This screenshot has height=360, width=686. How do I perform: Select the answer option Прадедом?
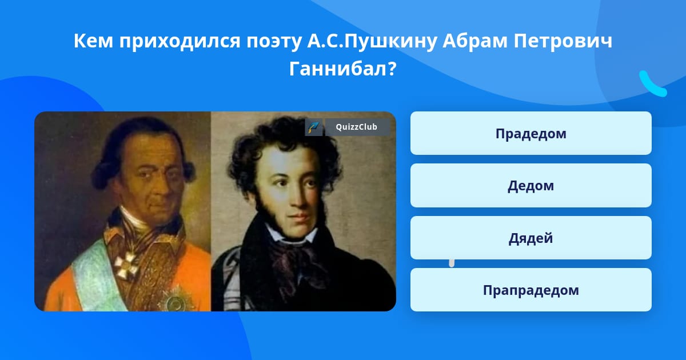tap(531, 133)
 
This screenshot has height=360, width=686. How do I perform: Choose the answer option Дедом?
tap(531, 186)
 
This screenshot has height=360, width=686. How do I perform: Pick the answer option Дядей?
tap(531, 238)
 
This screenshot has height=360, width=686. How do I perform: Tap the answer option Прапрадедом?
tap(531, 290)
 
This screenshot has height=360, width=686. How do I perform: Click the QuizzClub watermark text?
tap(357, 127)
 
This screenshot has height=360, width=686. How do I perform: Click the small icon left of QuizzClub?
tap(314, 127)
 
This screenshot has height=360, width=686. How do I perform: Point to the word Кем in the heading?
tap(93, 41)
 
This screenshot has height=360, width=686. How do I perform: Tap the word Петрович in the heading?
tap(563, 41)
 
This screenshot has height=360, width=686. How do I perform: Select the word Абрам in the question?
tap(475, 41)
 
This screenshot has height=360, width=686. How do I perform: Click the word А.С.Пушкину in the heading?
tap(372, 41)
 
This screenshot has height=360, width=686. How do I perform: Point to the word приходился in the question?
tap(180, 41)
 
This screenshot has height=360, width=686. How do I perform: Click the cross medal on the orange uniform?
tap(126, 265)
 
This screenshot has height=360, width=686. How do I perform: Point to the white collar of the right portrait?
tap(290, 235)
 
